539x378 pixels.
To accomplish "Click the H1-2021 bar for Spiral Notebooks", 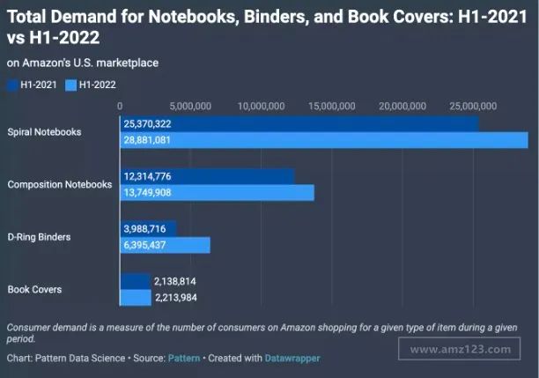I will pyautogui.click(x=299, y=123).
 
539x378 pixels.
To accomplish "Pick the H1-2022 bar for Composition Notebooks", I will pyautogui.click(x=217, y=193).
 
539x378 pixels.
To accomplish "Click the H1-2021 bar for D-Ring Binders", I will pyautogui.click(x=148, y=228).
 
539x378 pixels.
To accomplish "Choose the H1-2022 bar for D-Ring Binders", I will pyautogui.click(x=165, y=245).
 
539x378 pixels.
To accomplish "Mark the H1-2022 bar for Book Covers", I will pyautogui.click(x=136, y=298).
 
